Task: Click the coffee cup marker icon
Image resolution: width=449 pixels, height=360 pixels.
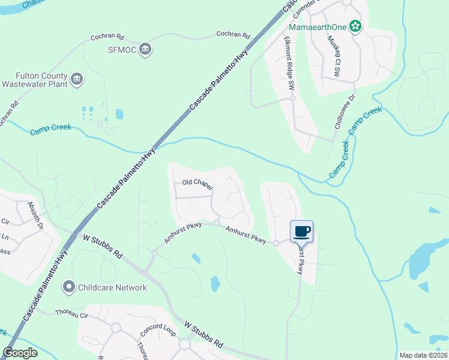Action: point(301,231)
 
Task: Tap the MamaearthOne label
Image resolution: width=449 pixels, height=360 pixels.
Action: point(318,27)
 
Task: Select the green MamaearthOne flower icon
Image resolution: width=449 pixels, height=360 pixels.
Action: point(355,26)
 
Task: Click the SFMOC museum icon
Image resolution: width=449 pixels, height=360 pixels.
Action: point(145,49)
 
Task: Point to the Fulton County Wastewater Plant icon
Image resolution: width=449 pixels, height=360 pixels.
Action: point(76,79)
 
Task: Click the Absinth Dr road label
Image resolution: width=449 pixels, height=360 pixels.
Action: point(35,217)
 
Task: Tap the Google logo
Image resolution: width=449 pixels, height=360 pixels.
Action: point(20,353)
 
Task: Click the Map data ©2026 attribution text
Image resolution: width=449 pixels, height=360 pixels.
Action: point(423,355)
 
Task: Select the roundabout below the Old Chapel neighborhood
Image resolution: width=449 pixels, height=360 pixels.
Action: point(217,223)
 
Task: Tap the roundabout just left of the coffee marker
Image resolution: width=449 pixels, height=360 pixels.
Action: point(276,243)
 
